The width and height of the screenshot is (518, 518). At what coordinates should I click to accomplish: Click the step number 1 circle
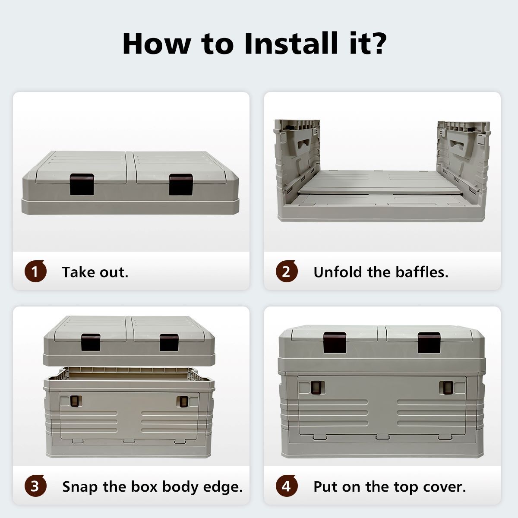click(35, 271)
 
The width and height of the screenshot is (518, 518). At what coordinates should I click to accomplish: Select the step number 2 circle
click(287, 271)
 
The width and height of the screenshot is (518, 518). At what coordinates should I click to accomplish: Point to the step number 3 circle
click(35, 486)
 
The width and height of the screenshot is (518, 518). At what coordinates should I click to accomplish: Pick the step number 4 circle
click(287, 486)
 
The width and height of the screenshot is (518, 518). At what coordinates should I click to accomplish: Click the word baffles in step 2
click(422, 272)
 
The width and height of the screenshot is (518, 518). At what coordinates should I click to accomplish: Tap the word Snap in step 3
click(80, 487)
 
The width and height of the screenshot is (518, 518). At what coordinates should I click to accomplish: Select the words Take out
click(95, 272)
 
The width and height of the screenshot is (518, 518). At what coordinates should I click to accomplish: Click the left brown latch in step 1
click(82, 184)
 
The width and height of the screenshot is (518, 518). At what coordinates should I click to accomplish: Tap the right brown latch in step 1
click(181, 184)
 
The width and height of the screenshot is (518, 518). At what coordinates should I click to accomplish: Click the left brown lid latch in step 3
click(91, 342)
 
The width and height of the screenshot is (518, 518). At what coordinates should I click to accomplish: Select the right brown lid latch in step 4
click(429, 342)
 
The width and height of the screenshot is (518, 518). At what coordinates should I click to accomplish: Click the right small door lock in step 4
click(447, 387)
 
